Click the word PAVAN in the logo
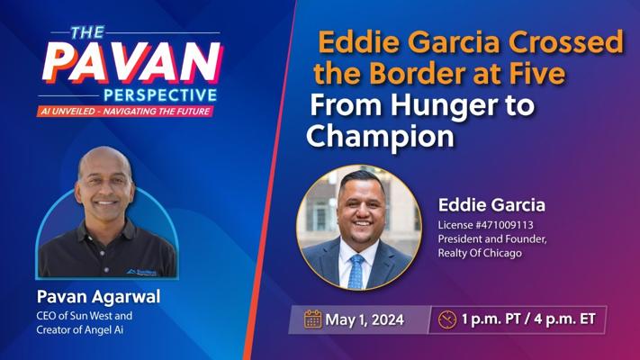[x=132, y=62]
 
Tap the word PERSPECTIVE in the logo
[x=160, y=95]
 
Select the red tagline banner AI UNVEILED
[x=125, y=111]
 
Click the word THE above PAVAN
[x=87, y=32]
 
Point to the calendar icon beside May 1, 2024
[x=312, y=319]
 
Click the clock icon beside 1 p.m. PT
[x=447, y=319]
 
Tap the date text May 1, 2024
[x=365, y=319]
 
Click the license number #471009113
[x=504, y=225]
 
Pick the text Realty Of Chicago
[x=480, y=253]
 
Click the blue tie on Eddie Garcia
[x=356, y=271]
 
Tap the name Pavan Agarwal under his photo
[x=98, y=297]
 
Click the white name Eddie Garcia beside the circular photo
[x=491, y=205]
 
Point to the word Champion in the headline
[x=380, y=136]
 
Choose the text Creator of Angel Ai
[x=79, y=329]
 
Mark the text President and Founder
[x=492, y=238]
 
